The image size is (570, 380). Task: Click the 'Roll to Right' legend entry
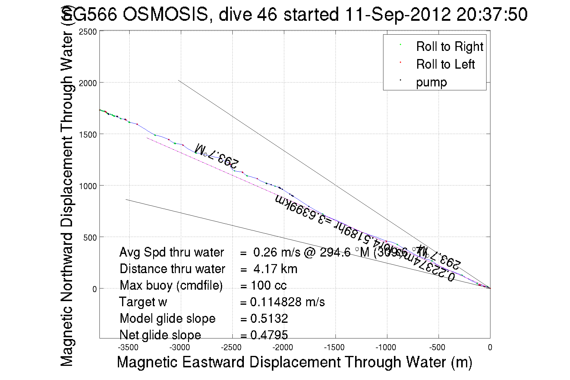(x=449, y=47)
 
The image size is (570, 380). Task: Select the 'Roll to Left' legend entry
(x=445, y=64)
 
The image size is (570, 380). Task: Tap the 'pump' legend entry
(x=431, y=82)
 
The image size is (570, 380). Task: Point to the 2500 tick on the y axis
(x=88, y=32)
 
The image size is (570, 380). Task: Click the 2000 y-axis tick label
(x=88, y=83)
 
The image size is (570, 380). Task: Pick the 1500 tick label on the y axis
(x=88, y=135)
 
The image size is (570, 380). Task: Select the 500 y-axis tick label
(x=90, y=238)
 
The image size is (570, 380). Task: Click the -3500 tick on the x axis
(x=128, y=347)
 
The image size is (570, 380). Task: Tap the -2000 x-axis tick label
(x=283, y=347)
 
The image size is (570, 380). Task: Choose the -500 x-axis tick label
(x=437, y=347)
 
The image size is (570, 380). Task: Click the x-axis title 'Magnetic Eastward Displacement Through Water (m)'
(x=294, y=362)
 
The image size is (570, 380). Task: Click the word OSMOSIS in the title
(x=165, y=14)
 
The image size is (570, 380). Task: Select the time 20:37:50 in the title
(x=492, y=14)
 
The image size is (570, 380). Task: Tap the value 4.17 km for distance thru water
(x=275, y=269)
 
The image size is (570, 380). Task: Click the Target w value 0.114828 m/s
(x=287, y=302)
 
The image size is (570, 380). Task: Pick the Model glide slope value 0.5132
(x=269, y=319)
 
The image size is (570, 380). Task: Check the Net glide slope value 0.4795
(x=269, y=335)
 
